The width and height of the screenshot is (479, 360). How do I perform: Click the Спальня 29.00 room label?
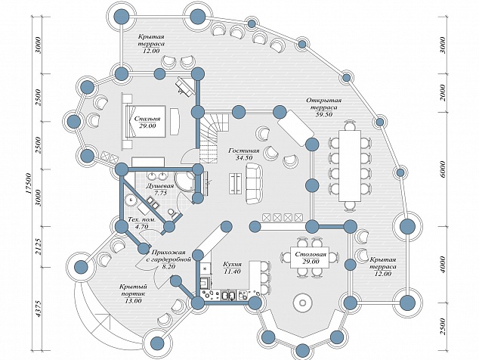click(147, 122)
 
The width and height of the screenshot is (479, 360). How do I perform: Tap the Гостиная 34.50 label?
click(244, 154)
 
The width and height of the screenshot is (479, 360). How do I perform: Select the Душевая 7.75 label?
click(160, 189)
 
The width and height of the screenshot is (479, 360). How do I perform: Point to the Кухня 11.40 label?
click(232, 267)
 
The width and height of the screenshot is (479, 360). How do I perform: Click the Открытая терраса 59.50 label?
click(324, 107)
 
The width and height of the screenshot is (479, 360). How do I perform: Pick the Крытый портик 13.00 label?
click(134, 293)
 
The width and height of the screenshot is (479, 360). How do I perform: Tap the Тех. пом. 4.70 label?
click(141, 223)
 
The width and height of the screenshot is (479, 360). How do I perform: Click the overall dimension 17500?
click(29, 183)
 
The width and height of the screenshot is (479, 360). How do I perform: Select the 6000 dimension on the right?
click(443, 169)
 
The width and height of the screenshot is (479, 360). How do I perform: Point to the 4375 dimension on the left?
click(39, 308)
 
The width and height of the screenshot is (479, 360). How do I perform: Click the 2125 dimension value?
click(39, 247)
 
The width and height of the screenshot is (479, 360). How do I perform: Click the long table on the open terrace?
click(350, 166)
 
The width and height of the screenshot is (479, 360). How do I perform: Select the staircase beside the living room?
click(214, 138)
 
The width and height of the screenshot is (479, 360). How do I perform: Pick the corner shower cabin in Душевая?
click(184, 182)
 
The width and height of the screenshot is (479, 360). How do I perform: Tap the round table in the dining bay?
click(303, 303)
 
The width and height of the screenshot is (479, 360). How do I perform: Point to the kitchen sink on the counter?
click(229, 296)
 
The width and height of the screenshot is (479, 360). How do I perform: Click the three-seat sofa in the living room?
click(254, 184)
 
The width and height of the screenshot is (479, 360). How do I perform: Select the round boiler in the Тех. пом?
click(131, 200)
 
